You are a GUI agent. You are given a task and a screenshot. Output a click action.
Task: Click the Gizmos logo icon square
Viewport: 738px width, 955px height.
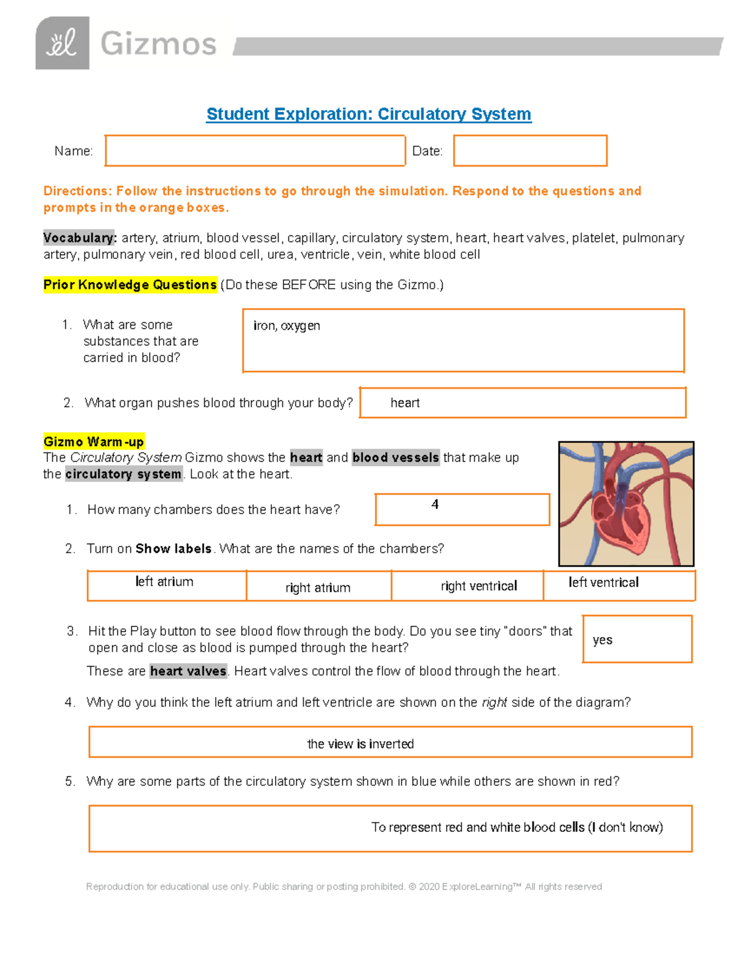coord(62,43)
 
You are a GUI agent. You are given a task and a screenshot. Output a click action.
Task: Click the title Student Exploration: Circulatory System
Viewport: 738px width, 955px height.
coord(368,114)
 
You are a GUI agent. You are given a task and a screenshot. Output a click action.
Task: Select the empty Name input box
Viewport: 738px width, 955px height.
coord(255,151)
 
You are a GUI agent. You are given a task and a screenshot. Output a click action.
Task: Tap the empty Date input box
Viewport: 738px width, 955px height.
coord(530,151)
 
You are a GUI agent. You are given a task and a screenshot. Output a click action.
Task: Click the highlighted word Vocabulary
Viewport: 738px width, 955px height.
coord(79,238)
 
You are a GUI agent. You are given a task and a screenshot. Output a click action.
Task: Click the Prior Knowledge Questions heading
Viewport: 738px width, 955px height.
coord(130,285)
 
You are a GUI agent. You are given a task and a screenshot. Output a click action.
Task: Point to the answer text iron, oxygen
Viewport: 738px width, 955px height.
coord(287,325)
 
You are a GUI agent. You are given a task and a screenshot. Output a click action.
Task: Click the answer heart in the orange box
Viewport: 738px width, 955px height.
coord(405,403)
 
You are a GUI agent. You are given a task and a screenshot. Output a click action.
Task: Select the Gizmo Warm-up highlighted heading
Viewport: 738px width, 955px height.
coord(93,442)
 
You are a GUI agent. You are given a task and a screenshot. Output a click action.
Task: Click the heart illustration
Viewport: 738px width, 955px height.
coord(625,504)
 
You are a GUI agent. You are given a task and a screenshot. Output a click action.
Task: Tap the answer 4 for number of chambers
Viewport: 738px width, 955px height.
coord(435,505)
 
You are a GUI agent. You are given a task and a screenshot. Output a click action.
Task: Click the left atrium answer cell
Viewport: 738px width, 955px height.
coord(164,582)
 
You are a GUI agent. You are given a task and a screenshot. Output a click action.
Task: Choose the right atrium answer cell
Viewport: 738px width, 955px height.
coord(318,588)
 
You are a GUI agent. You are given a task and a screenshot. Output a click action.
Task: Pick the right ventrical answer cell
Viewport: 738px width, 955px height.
coord(478,586)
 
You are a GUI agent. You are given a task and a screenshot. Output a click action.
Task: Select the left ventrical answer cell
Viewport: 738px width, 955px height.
coord(603,582)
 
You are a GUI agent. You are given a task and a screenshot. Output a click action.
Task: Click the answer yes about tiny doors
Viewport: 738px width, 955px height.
coord(602,640)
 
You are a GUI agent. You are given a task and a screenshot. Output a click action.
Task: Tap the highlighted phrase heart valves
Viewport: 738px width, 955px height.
coord(188,671)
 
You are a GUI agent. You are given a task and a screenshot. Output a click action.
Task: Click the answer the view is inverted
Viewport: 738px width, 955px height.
coord(360,744)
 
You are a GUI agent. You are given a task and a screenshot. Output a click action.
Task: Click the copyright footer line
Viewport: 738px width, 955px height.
coord(344,887)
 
